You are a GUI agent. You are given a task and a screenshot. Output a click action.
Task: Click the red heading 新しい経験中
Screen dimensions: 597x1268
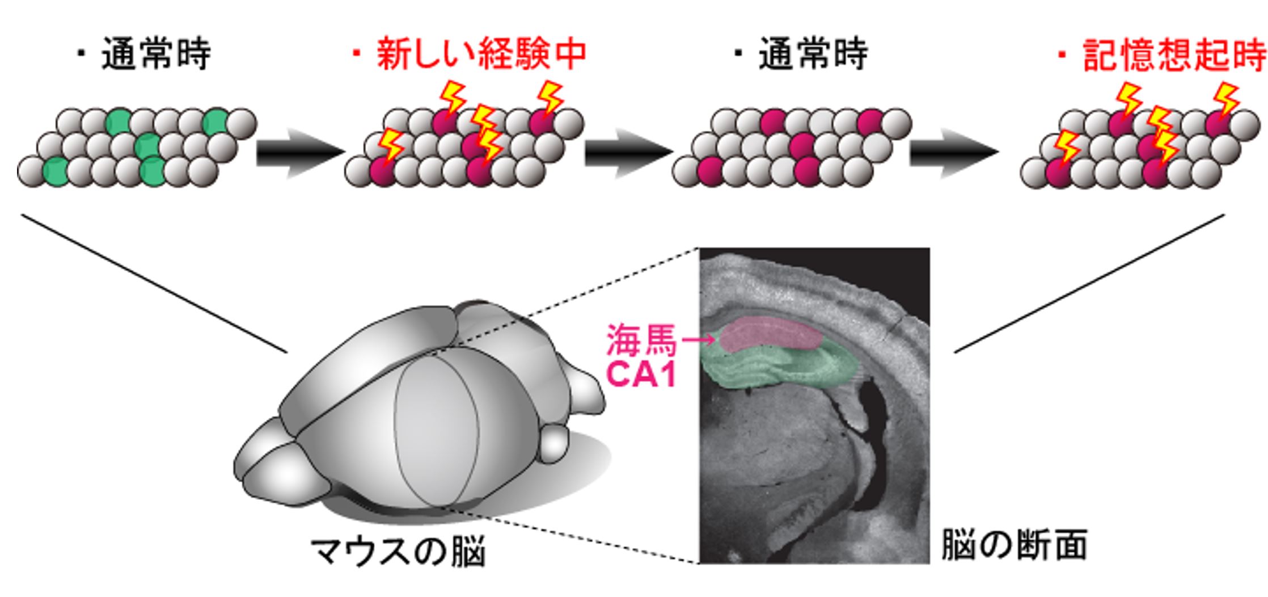coord(481,54)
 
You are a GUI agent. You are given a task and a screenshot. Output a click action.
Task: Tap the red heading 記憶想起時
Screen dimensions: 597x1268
coord(1173,56)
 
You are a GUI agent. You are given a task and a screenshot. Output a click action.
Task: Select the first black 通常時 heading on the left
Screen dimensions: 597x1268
coord(155,54)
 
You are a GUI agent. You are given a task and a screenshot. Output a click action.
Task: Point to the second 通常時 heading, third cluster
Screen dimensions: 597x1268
coord(812,54)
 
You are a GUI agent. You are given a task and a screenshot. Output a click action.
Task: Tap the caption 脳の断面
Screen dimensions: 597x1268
coord(1014,545)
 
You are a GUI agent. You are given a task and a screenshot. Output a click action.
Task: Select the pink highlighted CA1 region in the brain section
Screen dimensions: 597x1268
coord(771,335)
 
